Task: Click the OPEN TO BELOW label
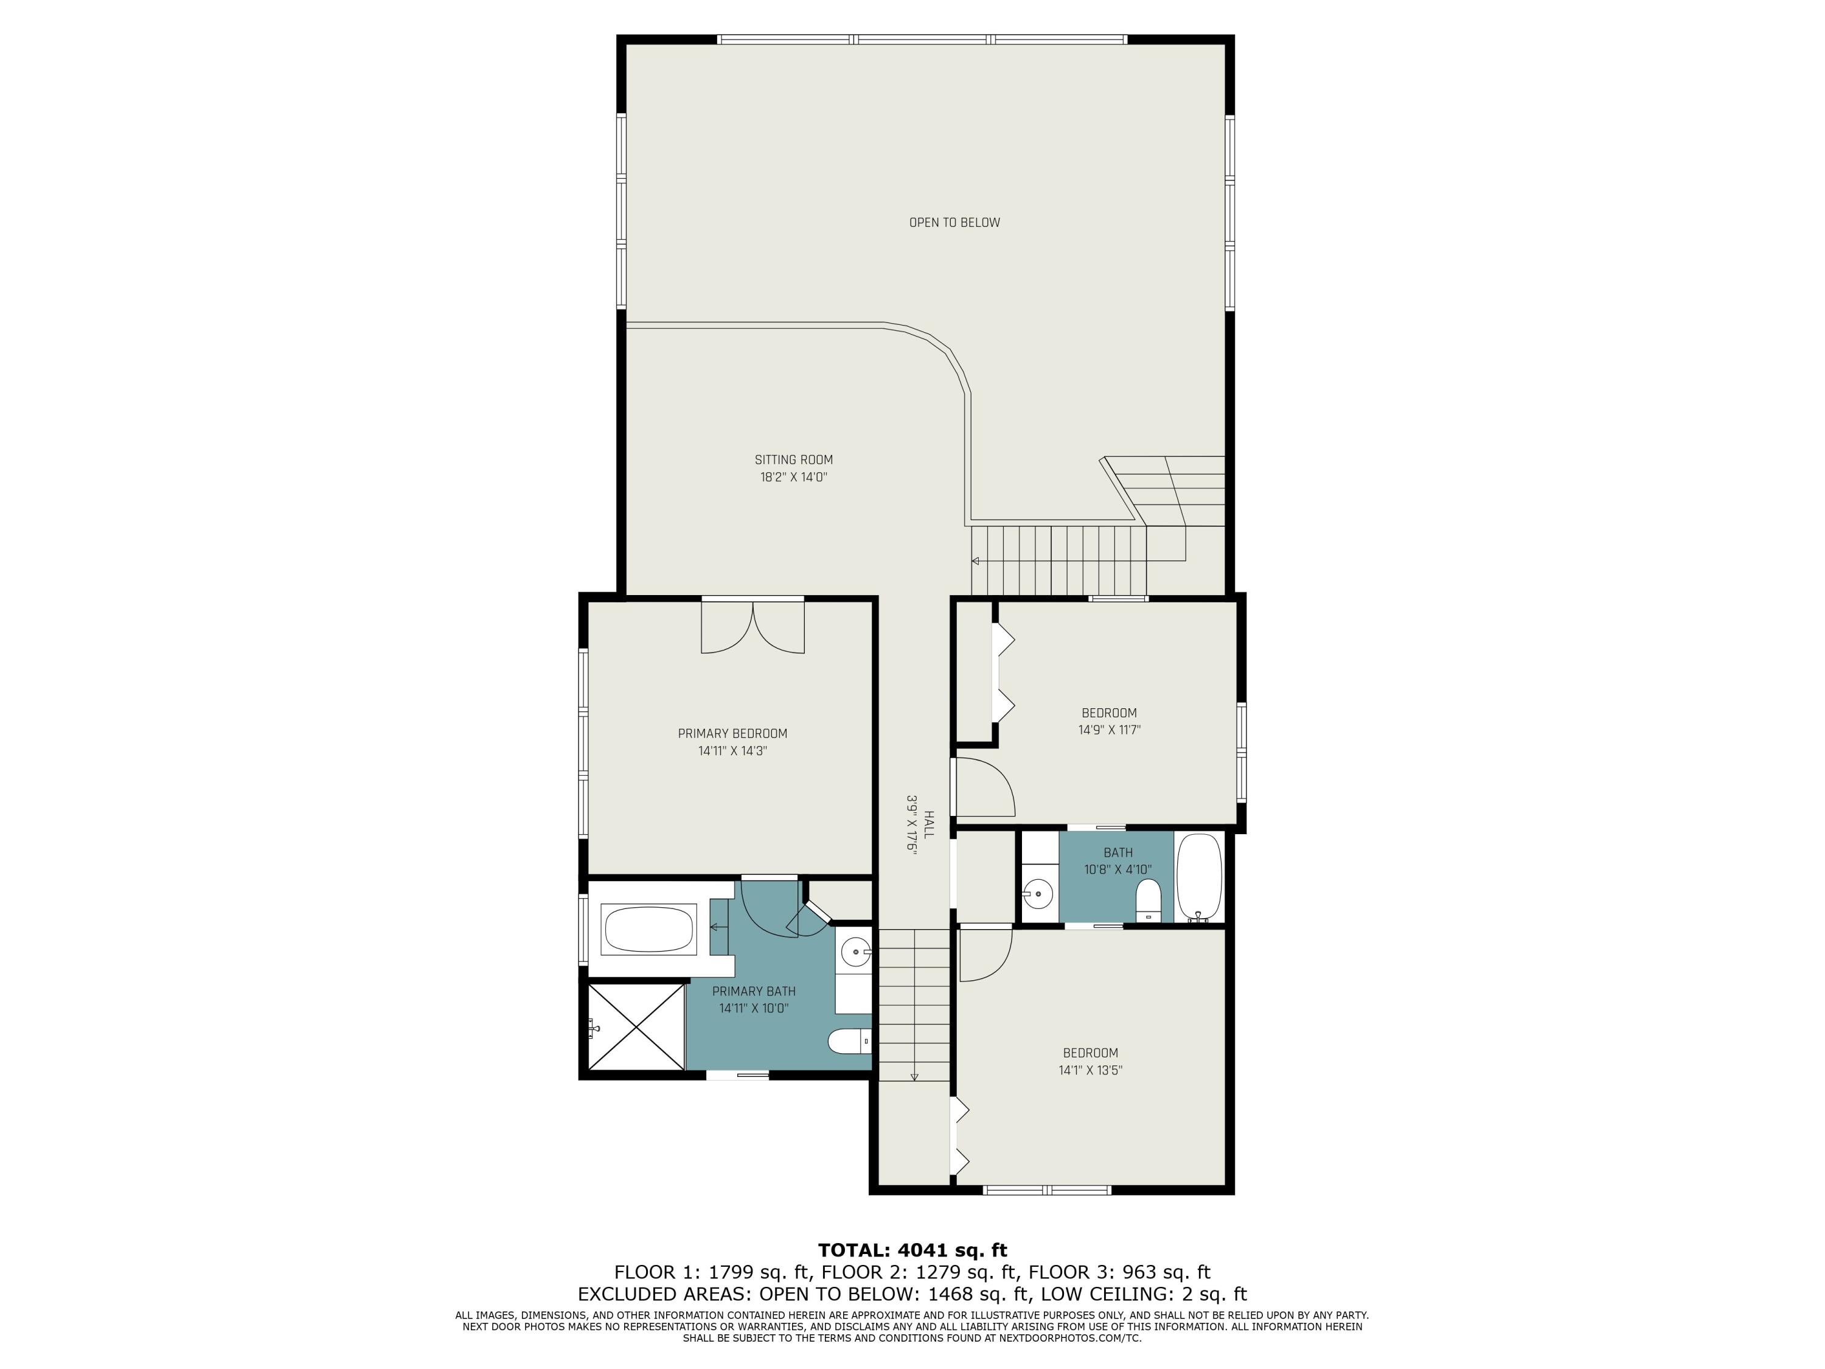pos(954,222)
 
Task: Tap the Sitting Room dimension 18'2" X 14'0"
pos(793,477)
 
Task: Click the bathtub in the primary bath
pos(648,928)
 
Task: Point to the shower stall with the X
pos(635,1028)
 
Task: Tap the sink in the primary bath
pos(855,952)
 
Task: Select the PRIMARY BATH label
pos(753,991)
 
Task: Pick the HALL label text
pos(928,824)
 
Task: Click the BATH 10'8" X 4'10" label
pos(1118,861)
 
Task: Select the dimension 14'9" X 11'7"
pos(1109,730)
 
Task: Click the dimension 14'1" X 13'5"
pos(1090,1070)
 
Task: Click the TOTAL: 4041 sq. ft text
pos(912,1249)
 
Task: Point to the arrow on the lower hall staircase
pos(914,1075)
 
